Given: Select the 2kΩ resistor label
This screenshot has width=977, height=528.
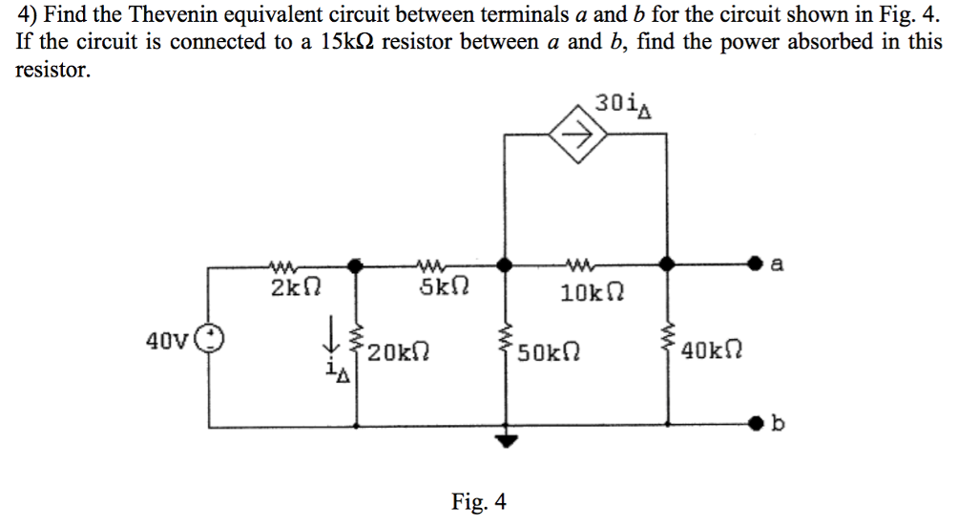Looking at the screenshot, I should coord(289,286).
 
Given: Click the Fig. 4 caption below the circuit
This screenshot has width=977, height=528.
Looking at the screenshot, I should coord(479,501).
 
